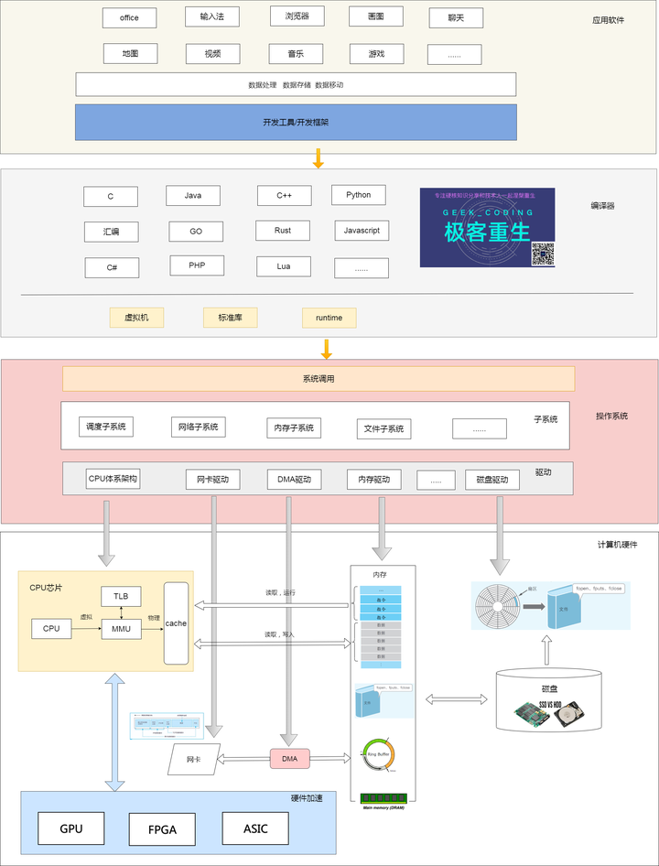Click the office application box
point(129,17)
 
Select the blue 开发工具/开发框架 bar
point(296,122)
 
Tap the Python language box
point(358,195)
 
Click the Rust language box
point(283,231)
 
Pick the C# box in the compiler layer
point(111,267)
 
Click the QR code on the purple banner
point(543,254)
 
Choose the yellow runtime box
point(329,318)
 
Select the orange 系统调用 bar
point(318,378)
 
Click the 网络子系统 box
point(198,427)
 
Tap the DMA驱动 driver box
point(295,479)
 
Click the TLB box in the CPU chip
point(121,595)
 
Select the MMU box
point(121,628)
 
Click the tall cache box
point(176,623)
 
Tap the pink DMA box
point(289,758)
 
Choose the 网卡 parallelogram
point(193,760)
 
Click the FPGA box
point(162,830)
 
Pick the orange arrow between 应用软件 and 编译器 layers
point(319,158)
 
